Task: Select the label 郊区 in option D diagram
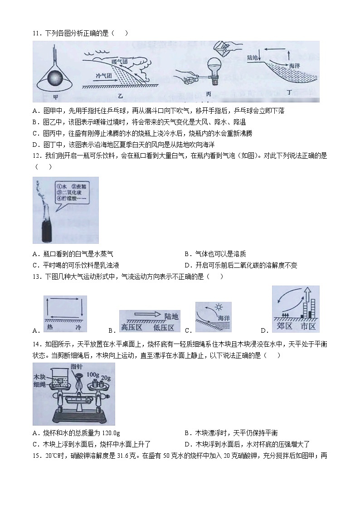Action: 285,327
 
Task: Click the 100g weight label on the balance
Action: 94,375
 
